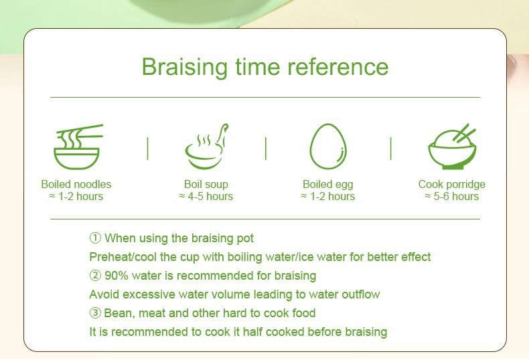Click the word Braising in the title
185,67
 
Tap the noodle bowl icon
78,147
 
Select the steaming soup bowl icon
206,147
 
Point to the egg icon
328,147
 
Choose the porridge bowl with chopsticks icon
452,147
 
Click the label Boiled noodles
76,185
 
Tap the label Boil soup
206,185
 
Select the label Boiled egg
328,185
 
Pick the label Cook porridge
452,185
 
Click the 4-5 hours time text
210,196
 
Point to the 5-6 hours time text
456,196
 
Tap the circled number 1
95,238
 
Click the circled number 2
95,276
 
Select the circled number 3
95,312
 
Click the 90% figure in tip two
117,276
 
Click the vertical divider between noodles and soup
148,149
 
